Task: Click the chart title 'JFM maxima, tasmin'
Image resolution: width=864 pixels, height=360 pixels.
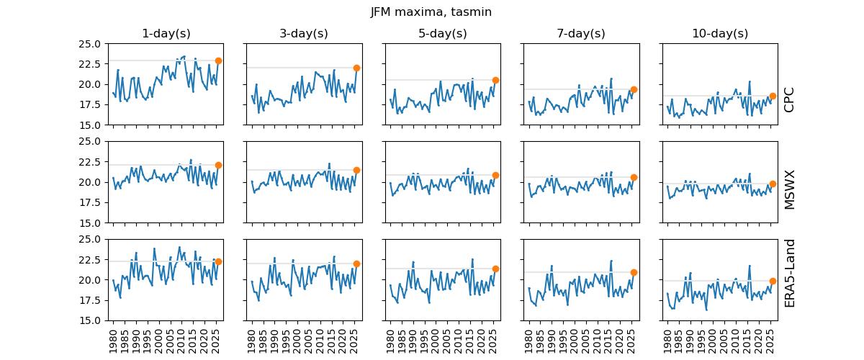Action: (431, 12)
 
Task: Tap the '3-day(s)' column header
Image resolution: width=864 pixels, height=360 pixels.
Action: (303, 34)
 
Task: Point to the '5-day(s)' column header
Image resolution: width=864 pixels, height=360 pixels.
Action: (442, 34)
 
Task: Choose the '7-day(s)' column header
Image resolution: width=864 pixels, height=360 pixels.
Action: (580, 34)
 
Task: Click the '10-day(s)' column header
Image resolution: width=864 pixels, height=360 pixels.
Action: (719, 34)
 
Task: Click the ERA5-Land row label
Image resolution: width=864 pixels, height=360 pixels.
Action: (789, 273)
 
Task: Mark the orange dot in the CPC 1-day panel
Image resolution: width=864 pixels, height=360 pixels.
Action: (218, 60)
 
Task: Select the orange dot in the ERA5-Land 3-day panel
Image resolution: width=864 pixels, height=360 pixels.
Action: (356, 264)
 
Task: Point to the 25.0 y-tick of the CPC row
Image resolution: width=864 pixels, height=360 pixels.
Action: (89, 44)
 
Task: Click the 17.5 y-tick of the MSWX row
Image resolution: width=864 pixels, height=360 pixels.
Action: (89, 202)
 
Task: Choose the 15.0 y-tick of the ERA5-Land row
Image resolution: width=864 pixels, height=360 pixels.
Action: (89, 320)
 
